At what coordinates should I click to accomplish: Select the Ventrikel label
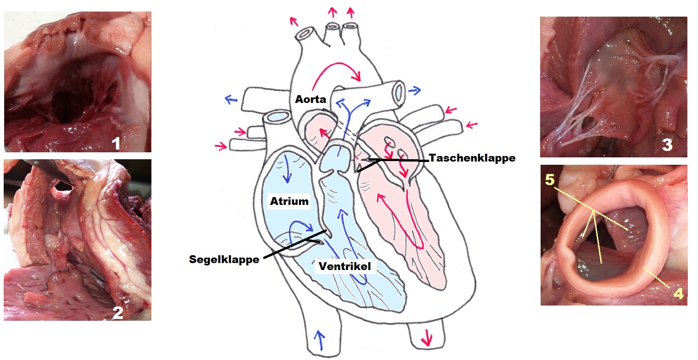[x=344, y=266]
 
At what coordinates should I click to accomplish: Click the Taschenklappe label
[x=472, y=158]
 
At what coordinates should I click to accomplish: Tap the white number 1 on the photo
[x=116, y=144]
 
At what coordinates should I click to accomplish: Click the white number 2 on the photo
[x=118, y=313]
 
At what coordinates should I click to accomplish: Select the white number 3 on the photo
[x=667, y=145]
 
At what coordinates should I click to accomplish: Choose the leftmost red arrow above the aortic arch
[x=292, y=20]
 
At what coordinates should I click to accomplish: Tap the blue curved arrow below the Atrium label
[x=302, y=227]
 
